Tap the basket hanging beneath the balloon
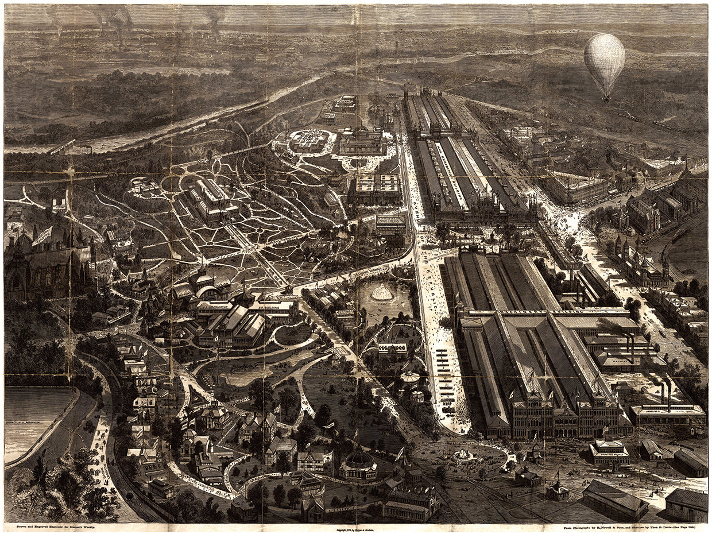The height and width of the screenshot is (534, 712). click(x=605, y=99)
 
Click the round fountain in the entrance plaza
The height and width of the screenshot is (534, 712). click(x=461, y=455)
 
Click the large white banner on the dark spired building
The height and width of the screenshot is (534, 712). click(x=42, y=235)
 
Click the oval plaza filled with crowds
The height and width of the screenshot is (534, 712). click(x=310, y=140)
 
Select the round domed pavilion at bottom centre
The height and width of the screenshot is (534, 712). click(x=359, y=462)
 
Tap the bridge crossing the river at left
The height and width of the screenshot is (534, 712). click(x=62, y=146)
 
